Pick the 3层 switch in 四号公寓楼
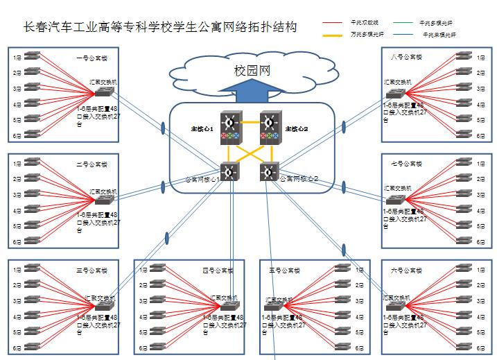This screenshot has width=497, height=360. [x=158, y=301]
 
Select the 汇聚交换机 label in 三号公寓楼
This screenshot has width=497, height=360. [x=99, y=298]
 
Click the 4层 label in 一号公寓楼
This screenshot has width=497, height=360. [x=16, y=105]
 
